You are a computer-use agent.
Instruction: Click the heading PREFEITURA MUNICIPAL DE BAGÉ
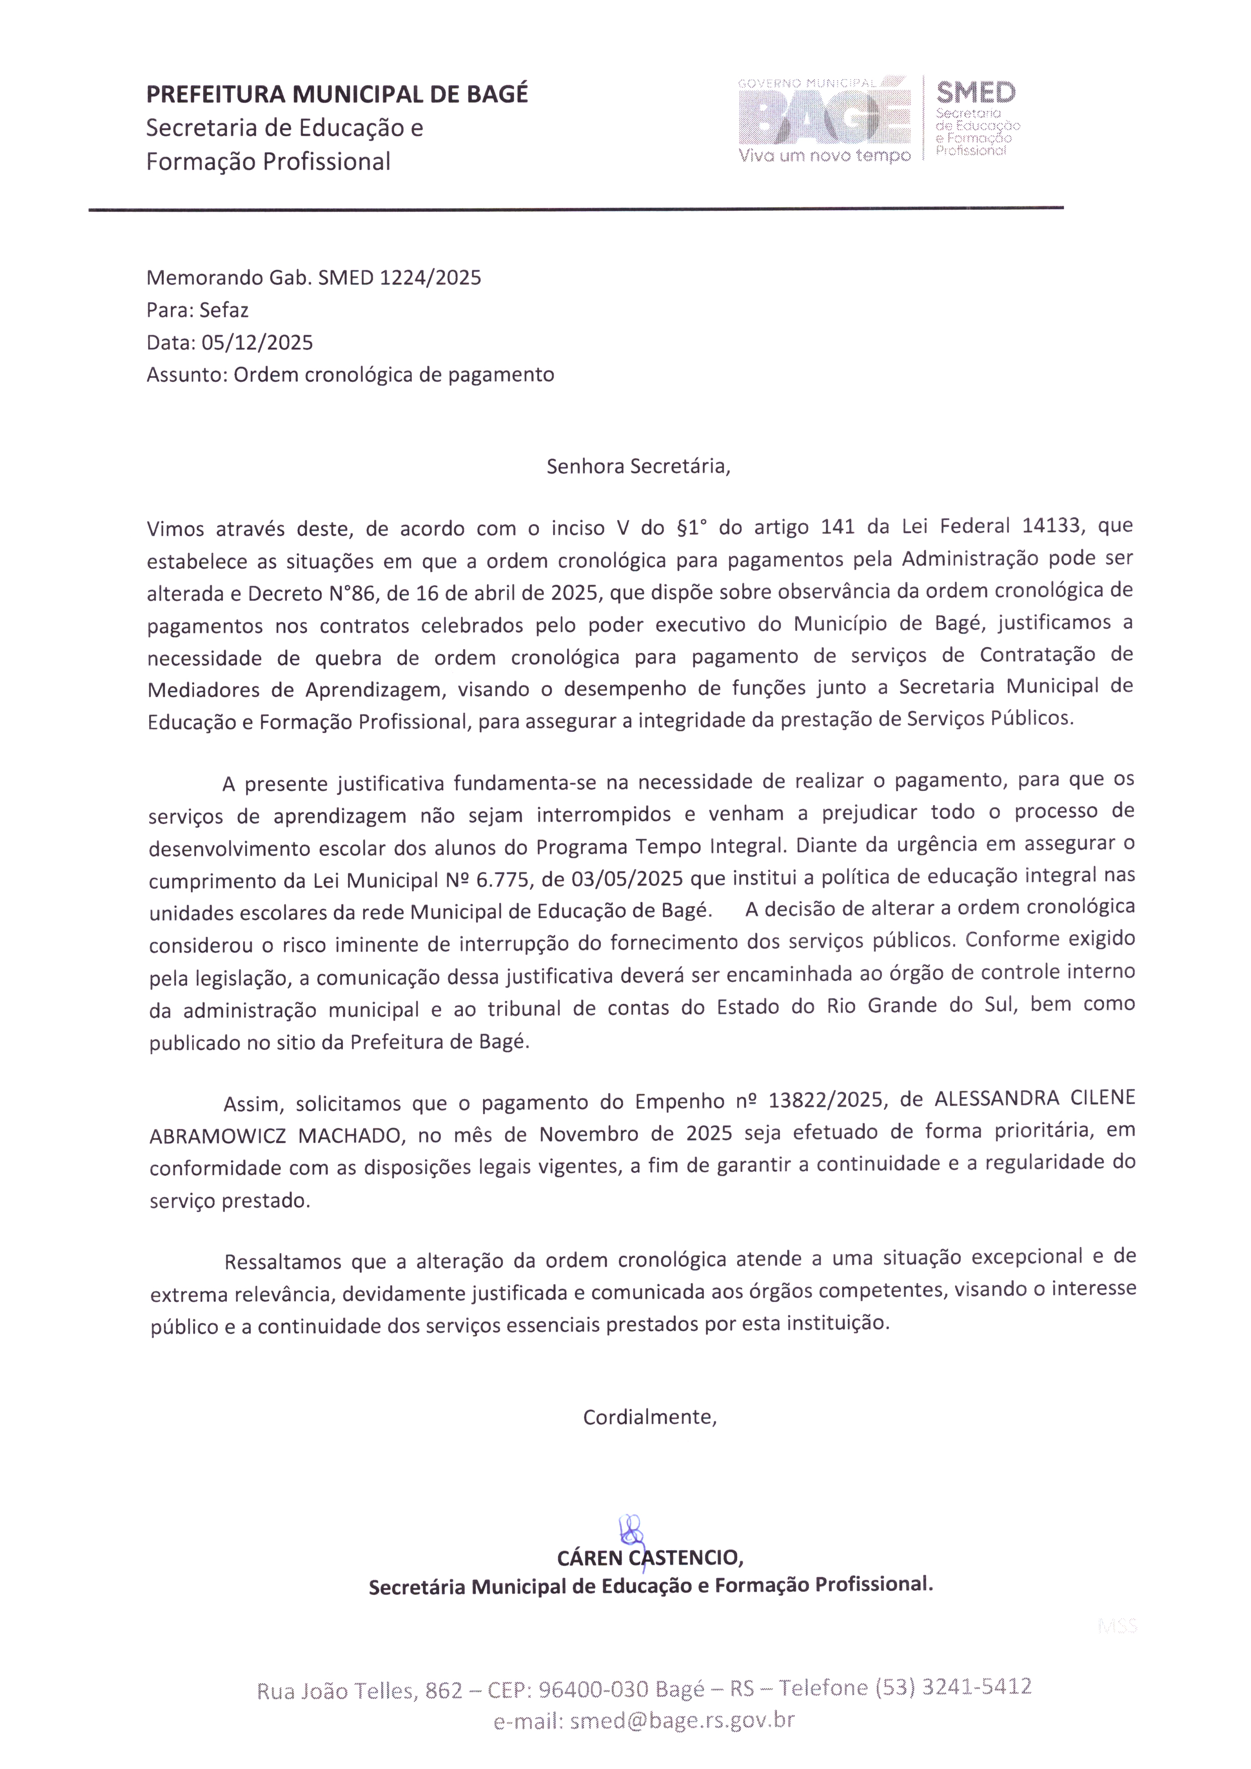(337, 94)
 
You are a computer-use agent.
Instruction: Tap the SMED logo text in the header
(975, 93)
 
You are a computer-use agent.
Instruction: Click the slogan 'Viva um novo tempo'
(824, 156)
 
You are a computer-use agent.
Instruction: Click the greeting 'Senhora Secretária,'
(638, 466)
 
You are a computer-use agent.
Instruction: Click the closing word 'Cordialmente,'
(649, 1417)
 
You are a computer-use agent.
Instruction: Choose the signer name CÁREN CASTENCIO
(649, 1558)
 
